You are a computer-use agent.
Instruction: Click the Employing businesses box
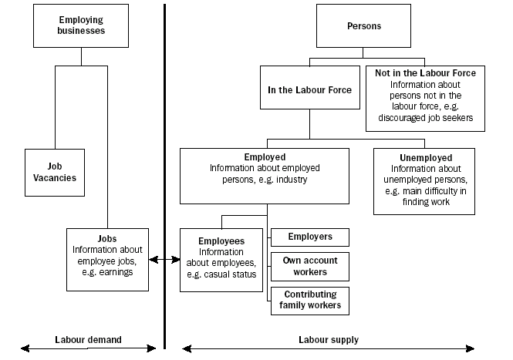pyautogui.click(x=80, y=25)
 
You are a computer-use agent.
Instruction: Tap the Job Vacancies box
pyautogui.click(x=55, y=171)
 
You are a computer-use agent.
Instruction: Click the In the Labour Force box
pyautogui.click(x=309, y=90)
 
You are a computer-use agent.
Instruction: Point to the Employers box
pyautogui.click(x=309, y=237)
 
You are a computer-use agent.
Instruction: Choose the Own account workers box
pyautogui.click(x=309, y=266)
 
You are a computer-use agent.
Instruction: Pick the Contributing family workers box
pyautogui.click(x=309, y=301)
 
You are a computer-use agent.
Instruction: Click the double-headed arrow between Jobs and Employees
pyautogui.click(x=164, y=260)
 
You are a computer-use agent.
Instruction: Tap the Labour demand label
pyautogui.click(x=89, y=339)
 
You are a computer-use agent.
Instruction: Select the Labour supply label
pyautogui.click(x=328, y=339)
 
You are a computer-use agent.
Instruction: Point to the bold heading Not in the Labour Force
pyautogui.click(x=425, y=73)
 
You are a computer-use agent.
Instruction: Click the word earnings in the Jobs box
pyautogui.click(x=116, y=271)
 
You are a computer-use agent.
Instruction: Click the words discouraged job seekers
pyautogui.click(x=425, y=117)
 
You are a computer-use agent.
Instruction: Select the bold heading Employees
pyautogui.click(x=221, y=241)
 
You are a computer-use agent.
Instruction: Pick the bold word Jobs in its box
pyautogui.click(x=108, y=239)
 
